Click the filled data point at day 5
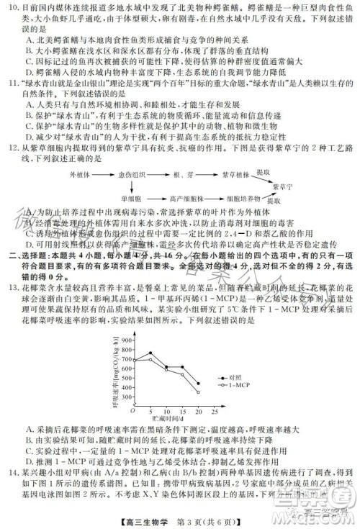point(150,353)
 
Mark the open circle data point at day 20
point(199,392)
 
